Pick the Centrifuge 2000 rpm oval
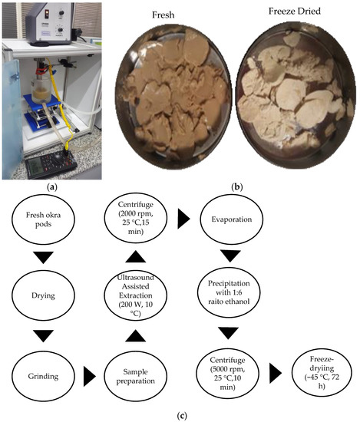point(133,228)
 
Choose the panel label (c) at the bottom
point(180,415)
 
